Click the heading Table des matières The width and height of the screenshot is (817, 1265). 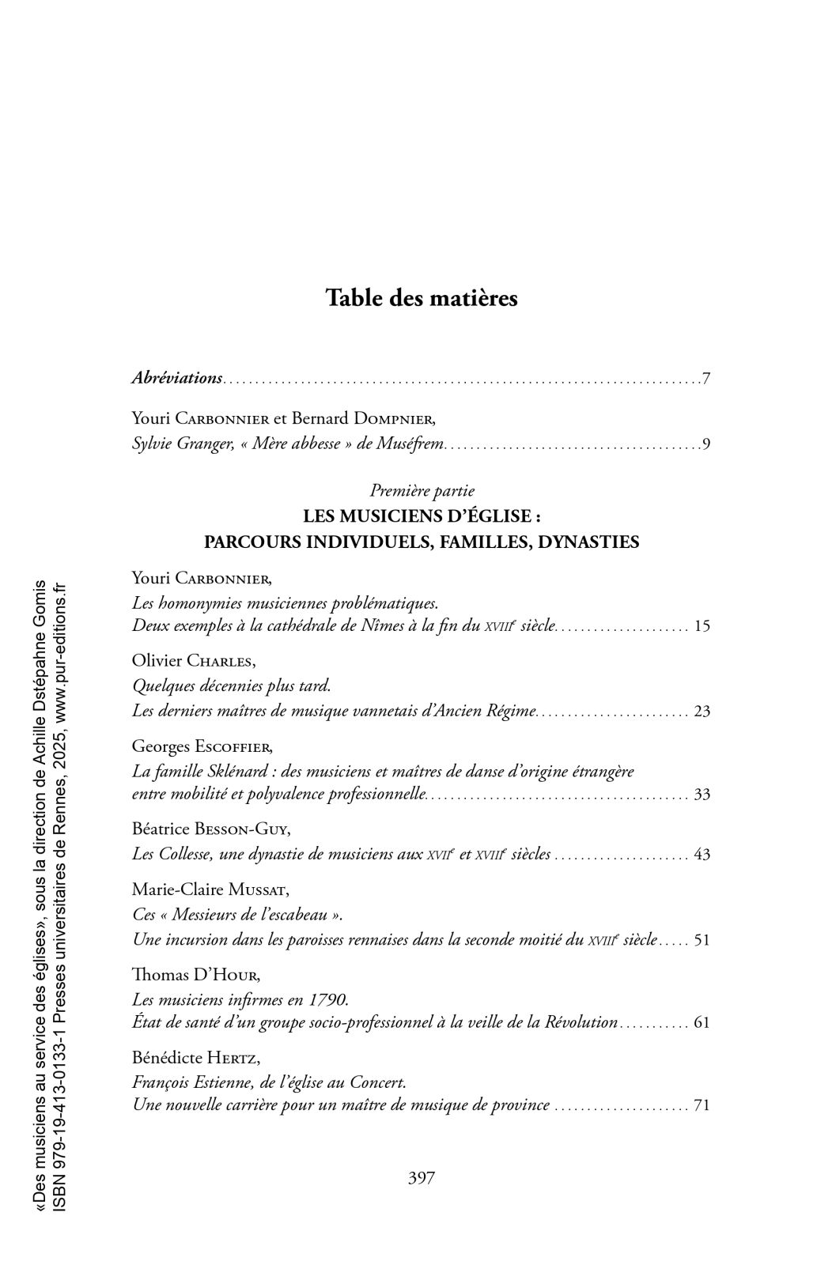[x=422, y=299]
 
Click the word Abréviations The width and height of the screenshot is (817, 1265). [x=176, y=378]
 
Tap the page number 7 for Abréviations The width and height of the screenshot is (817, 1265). [x=705, y=379]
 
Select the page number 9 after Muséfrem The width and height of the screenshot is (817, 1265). [x=705, y=444]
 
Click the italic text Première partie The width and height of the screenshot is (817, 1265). [x=422, y=491]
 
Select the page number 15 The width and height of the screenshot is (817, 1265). [x=702, y=627]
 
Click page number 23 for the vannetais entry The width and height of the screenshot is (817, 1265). [x=702, y=711]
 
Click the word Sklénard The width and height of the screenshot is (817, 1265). [x=221, y=771]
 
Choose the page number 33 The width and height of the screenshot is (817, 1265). [x=702, y=795]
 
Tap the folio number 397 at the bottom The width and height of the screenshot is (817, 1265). [x=422, y=1178]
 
